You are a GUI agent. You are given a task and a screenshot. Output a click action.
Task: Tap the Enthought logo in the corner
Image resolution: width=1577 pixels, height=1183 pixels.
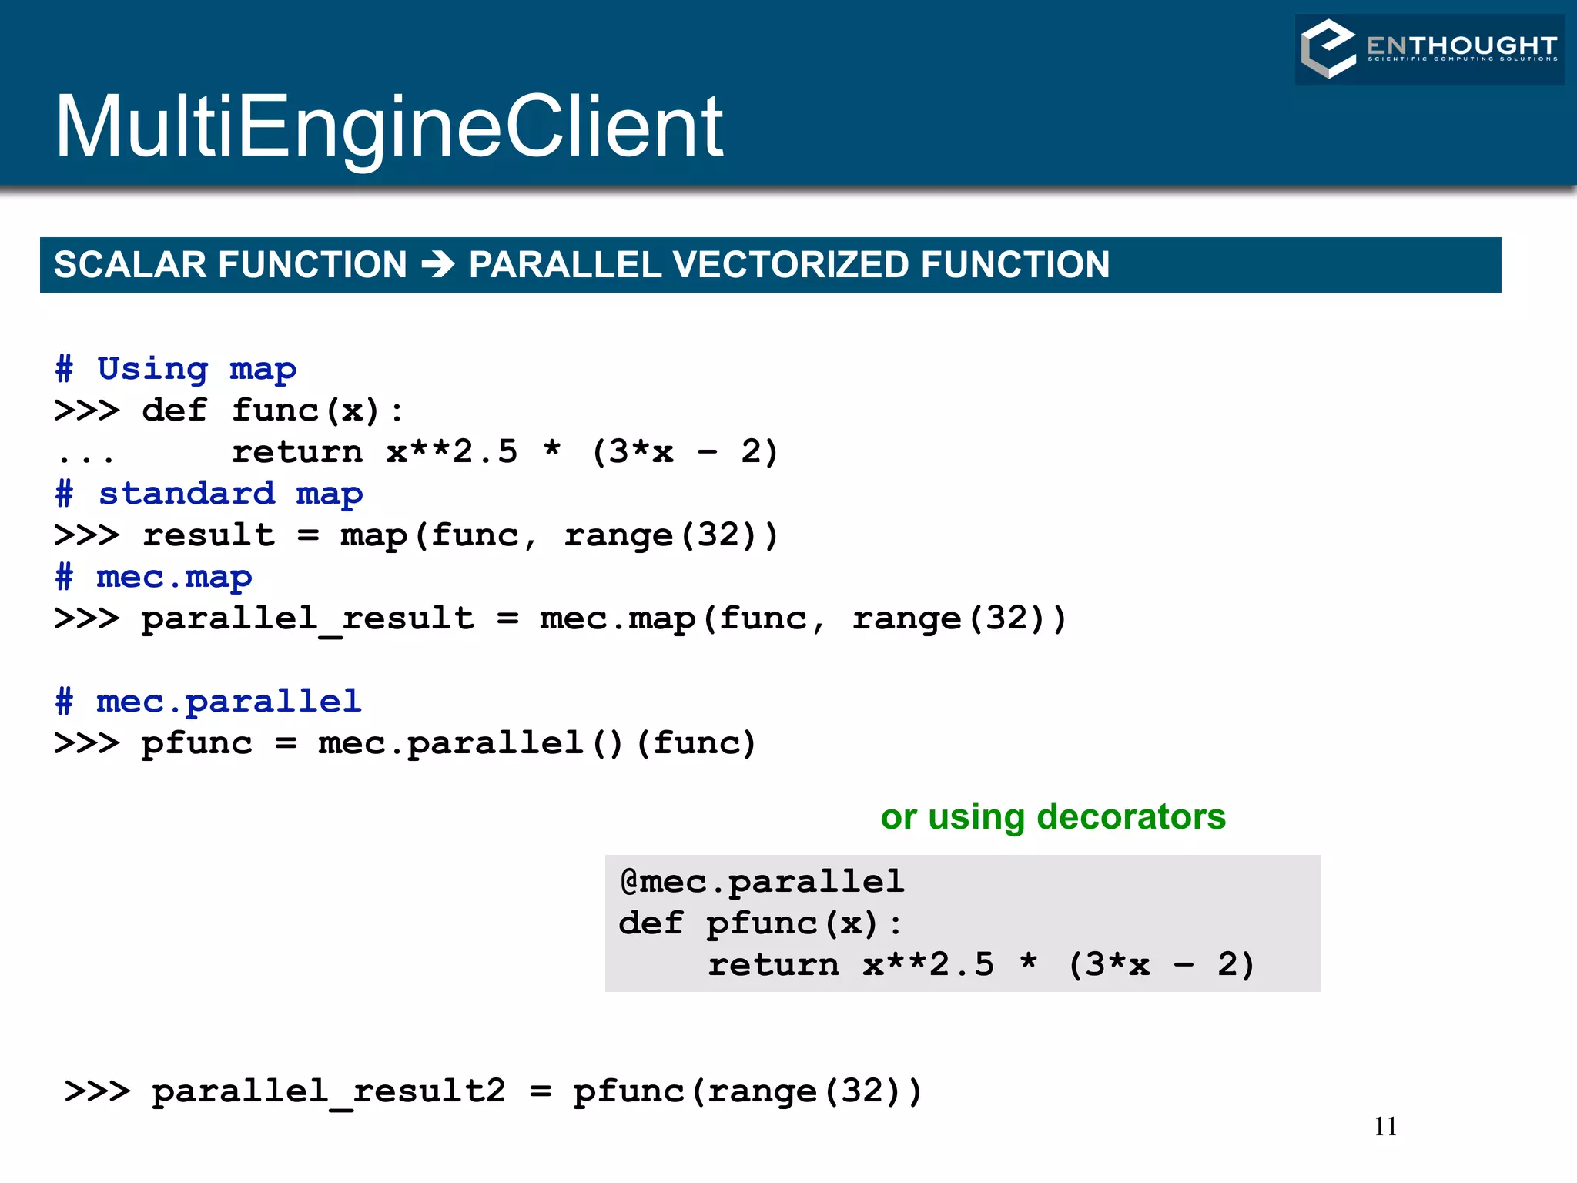pyautogui.click(x=1429, y=49)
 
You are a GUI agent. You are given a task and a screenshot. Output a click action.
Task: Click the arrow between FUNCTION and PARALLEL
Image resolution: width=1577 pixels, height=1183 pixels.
pyautogui.click(x=438, y=265)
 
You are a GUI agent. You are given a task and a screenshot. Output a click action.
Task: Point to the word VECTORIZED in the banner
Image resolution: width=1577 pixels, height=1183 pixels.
pyautogui.click(x=791, y=265)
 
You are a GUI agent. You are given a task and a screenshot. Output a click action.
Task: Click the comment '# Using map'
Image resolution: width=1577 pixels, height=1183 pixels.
pyautogui.click(x=176, y=370)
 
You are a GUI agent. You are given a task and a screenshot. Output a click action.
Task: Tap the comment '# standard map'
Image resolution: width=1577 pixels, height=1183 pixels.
pyautogui.click(x=209, y=494)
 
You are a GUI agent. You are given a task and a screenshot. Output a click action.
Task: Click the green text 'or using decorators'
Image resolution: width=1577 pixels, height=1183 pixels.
pyautogui.click(x=1053, y=817)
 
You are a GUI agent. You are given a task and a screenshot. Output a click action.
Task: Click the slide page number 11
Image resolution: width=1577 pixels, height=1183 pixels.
pyautogui.click(x=1384, y=1128)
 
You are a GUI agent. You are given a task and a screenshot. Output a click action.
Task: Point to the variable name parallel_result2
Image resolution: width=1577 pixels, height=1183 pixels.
pyautogui.click(x=328, y=1092)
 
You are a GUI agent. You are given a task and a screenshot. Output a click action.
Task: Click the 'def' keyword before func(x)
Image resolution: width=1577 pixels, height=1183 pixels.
pyautogui.click(x=174, y=411)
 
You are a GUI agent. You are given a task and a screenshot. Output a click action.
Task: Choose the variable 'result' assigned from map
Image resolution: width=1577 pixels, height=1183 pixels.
pyautogui.click(x=209, y=536)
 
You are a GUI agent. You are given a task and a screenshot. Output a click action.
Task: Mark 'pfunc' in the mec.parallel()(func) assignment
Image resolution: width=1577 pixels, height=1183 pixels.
pyautogui.click(x=196, y=744)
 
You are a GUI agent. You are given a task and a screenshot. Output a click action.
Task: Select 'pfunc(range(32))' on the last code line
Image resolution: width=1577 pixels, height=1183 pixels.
pyautogui.click(x=747, y=1092)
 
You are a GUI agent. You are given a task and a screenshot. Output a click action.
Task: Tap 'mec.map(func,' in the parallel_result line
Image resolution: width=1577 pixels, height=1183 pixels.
pyautogui.click(x=682, y=619)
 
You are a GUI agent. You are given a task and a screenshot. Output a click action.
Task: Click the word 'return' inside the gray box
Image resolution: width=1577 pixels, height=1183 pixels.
pyautogui.click(x=773, y=966)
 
